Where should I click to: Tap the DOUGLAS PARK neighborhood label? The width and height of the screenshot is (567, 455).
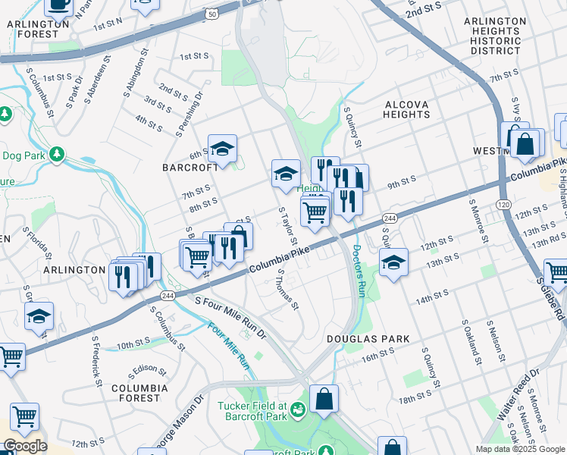click(368, 339)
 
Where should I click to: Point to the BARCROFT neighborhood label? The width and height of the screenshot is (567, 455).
click(185, 166)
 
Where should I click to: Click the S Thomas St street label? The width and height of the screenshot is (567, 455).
click(288, 290)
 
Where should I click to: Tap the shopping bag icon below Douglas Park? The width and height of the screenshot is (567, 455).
click(324, 400)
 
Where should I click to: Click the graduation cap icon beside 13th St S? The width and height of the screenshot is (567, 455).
click(393, 264)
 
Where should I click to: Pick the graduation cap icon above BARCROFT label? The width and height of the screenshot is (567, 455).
click(222, 149)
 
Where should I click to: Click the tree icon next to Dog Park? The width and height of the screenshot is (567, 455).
click(57, 155)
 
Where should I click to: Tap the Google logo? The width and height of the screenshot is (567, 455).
click(24, 446)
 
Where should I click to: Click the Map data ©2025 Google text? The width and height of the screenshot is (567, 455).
click(520, 449)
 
